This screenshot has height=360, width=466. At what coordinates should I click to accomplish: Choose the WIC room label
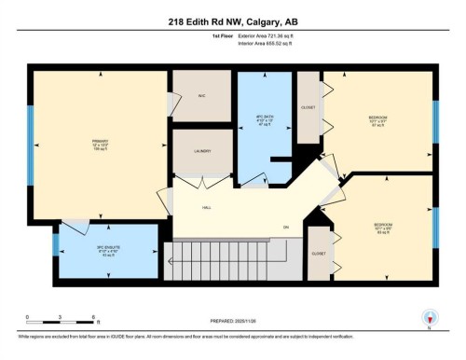point(200,96)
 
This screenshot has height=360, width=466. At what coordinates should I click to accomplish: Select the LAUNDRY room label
point(202,151)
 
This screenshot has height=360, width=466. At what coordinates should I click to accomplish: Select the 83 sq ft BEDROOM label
point(383,227)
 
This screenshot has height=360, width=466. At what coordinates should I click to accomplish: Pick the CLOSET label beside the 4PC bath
point(308,106)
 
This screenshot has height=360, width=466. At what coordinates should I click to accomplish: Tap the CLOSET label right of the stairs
point(318,254)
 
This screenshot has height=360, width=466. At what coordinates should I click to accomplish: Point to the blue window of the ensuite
point(56,245)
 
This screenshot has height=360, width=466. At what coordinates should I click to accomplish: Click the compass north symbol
point(428,318)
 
